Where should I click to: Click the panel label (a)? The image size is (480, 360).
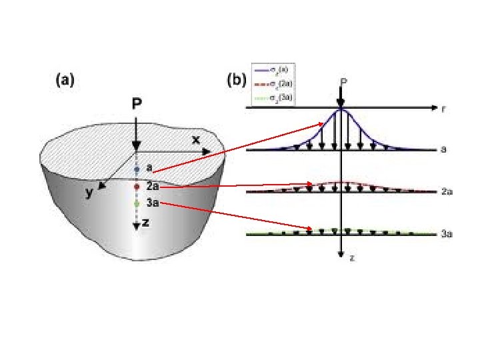click(x=64, y=81)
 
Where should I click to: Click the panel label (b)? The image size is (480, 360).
click(x=237, y=81)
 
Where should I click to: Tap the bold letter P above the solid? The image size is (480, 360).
click(x=136, y=103)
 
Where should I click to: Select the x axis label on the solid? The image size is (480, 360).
click(x=196, y=140)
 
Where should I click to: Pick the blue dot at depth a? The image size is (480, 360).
click(x=136, y=169)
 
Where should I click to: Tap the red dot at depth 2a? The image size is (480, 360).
click(x=136, y=187)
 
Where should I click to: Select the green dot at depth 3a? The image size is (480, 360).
click(x=136, y=203)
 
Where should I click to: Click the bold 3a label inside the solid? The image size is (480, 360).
click(x=151, y=203)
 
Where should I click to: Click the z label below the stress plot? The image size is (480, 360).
click(x=351, y=257)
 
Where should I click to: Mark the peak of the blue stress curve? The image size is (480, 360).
click(x=341, y=109)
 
